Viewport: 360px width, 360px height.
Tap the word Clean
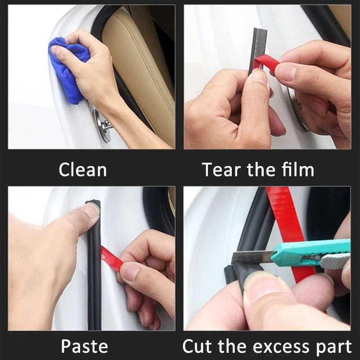pyautogui.click(x=83, y=170)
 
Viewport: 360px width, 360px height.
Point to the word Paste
pyautogui.click(x=84, y=346)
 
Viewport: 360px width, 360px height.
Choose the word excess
pyautogui.click(x=272, y=346)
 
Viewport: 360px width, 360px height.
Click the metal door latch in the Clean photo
pyautogui.click(x=103, y=126)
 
